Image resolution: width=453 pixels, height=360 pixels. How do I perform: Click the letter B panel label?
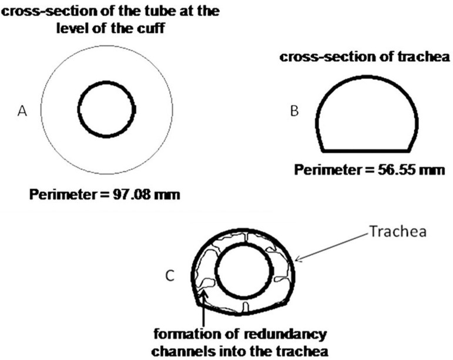295,111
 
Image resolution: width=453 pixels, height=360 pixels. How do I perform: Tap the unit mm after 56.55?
432,171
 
